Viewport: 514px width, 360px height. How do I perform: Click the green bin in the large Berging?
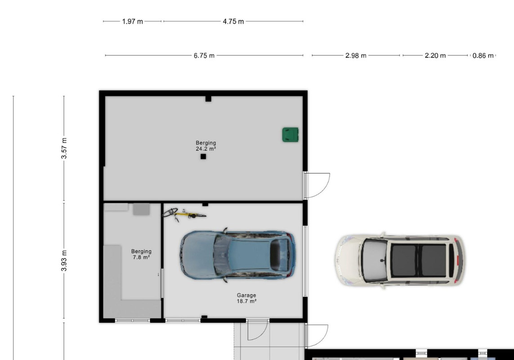click(x=291, y=135)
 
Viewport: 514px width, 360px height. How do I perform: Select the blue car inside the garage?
click(x=237, y=255)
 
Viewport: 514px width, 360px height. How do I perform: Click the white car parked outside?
click(x=399, y=261)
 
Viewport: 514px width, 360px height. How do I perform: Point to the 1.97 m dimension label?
click(x=132, y=22)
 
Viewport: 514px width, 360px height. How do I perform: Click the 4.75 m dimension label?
click(x=233, y=22)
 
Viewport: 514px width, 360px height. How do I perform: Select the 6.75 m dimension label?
click(x=204, y=56)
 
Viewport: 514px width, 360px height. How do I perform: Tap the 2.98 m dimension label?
click(x=356, y=56)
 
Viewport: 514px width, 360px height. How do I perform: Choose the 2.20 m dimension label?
click(x=435, y=56)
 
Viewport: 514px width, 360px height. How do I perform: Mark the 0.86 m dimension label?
click(x=483, y=56)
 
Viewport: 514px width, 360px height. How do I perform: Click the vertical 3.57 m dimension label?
click(x=64, y=148)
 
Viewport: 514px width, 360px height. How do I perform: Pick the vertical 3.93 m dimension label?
click(x=64, y=261)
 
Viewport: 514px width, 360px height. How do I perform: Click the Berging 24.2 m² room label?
click(x=206, y=146)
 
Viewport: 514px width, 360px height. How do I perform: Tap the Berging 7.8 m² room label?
click(x=141, y=254)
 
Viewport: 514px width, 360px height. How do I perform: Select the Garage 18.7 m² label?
click(x=246, y=298)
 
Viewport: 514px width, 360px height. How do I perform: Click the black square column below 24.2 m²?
click(x=203, y=157)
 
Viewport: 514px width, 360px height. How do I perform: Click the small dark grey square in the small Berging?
click(x=141, y=209)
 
